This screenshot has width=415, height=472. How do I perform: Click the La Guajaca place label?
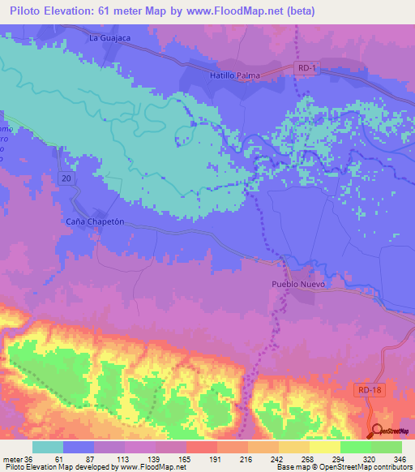109,38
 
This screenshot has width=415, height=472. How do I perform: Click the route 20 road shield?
66,177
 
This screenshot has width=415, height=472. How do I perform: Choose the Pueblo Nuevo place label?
298,285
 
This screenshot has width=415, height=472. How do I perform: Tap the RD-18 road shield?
368,391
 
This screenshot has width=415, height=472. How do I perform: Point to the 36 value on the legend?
32,457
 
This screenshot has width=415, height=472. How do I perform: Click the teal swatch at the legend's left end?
48,447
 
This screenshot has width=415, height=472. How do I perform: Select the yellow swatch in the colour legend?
324,447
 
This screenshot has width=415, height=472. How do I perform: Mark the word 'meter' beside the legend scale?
14,457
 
